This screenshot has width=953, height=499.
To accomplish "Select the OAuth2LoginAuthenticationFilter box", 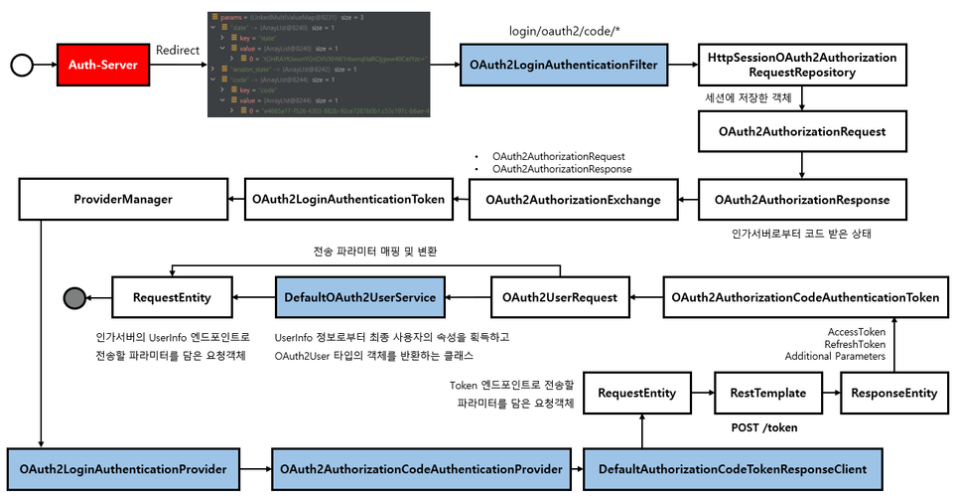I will [x=563, y=65].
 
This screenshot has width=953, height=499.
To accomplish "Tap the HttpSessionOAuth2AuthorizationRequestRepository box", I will [x=802, y=65].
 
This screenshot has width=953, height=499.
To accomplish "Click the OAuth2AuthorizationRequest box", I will [x=802, y=130].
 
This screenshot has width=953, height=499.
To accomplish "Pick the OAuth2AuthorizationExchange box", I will [x=573, y=200].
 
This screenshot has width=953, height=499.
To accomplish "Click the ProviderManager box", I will [x=123, y=200].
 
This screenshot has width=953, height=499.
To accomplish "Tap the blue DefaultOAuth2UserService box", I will [x=360, y=297].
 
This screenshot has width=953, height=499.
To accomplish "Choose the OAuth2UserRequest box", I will [x=561, y=297].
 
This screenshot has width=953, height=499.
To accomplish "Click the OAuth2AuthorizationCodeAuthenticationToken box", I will [x=805, y=297].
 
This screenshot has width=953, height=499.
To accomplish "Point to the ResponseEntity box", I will [x=893, y=393].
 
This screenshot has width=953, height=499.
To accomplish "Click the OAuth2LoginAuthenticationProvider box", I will [x=124, y=467].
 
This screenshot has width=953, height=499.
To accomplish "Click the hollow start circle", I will [x=18, y=65].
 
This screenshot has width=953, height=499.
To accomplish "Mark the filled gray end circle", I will [x=72, y=297].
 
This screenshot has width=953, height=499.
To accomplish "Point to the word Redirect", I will [x=179, y=50].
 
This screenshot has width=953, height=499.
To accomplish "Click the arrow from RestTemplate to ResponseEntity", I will [x=828, y=393].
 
